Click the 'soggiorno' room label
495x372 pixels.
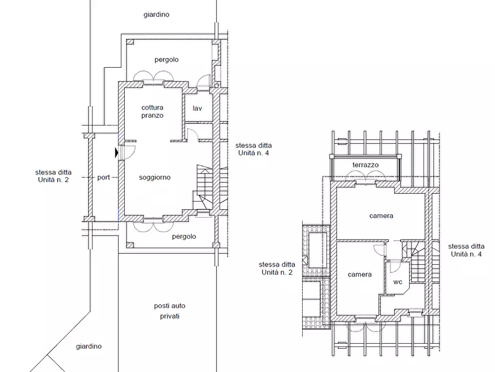155,178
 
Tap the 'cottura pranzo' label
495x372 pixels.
152,112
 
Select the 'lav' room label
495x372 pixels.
197,108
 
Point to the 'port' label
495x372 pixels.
104,178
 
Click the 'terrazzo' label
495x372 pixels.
365,165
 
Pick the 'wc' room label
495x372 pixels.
398,282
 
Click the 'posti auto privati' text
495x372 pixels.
170,311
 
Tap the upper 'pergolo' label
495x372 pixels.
167,60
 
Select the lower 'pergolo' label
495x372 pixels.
184,237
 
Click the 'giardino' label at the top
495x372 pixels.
156,14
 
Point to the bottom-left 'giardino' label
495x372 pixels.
89,346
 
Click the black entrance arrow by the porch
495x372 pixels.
116,153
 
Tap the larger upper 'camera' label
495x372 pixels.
381,216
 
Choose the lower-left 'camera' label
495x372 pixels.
360,274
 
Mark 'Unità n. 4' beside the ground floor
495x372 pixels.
253,153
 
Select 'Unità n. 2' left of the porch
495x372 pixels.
53,180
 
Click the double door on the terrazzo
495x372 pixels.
365,176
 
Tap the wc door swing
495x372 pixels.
395,267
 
